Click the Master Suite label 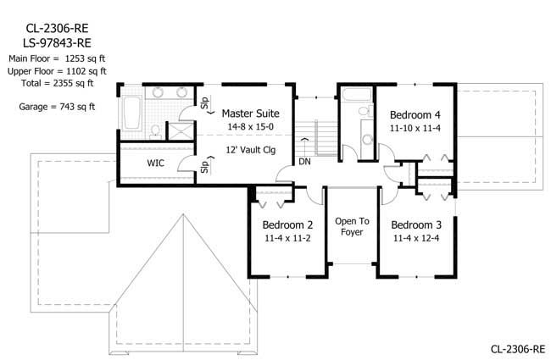click(x=250, y=113)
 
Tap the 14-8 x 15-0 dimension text click(x=250, y=126)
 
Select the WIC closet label click(x=155, y=163)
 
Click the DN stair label click(x=303, y=161)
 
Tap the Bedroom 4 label click(x=415, y=114)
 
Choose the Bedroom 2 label click(x=287, y=225)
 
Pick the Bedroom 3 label click(x=416, y=225)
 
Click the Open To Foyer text click(x=351, y=227)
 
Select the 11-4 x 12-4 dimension click(x=416, y=239)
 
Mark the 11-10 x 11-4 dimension click(x=415, y=128)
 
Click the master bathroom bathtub click(x=132, y=112)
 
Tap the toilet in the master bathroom click(x=155, y=130)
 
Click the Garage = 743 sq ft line click(x=56, y=107)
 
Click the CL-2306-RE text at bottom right click(x=517, y=348)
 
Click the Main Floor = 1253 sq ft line click(x=56, y=58)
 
